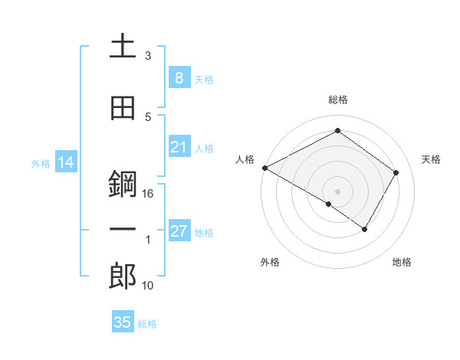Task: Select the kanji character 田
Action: [122, 108]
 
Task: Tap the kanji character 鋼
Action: [122, 185]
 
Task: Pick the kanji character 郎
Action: [122, 277]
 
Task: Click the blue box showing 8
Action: [179, 78]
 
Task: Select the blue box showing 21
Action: [179, 147]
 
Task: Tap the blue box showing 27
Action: [179, 232]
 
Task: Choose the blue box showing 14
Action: [65, 163]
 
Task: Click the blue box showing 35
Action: [123, 322]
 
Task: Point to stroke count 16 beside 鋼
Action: [148, 194]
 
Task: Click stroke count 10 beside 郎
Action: [148, 286]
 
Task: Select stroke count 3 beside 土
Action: [148, 56]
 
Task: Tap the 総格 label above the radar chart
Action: [337, 100]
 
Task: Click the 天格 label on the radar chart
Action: [432, 159]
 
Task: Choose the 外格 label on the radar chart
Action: [270, 262]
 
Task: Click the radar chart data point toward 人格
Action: [264, 168]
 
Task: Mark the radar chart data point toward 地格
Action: [365, 229]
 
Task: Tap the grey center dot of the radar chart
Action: [337, 191]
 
